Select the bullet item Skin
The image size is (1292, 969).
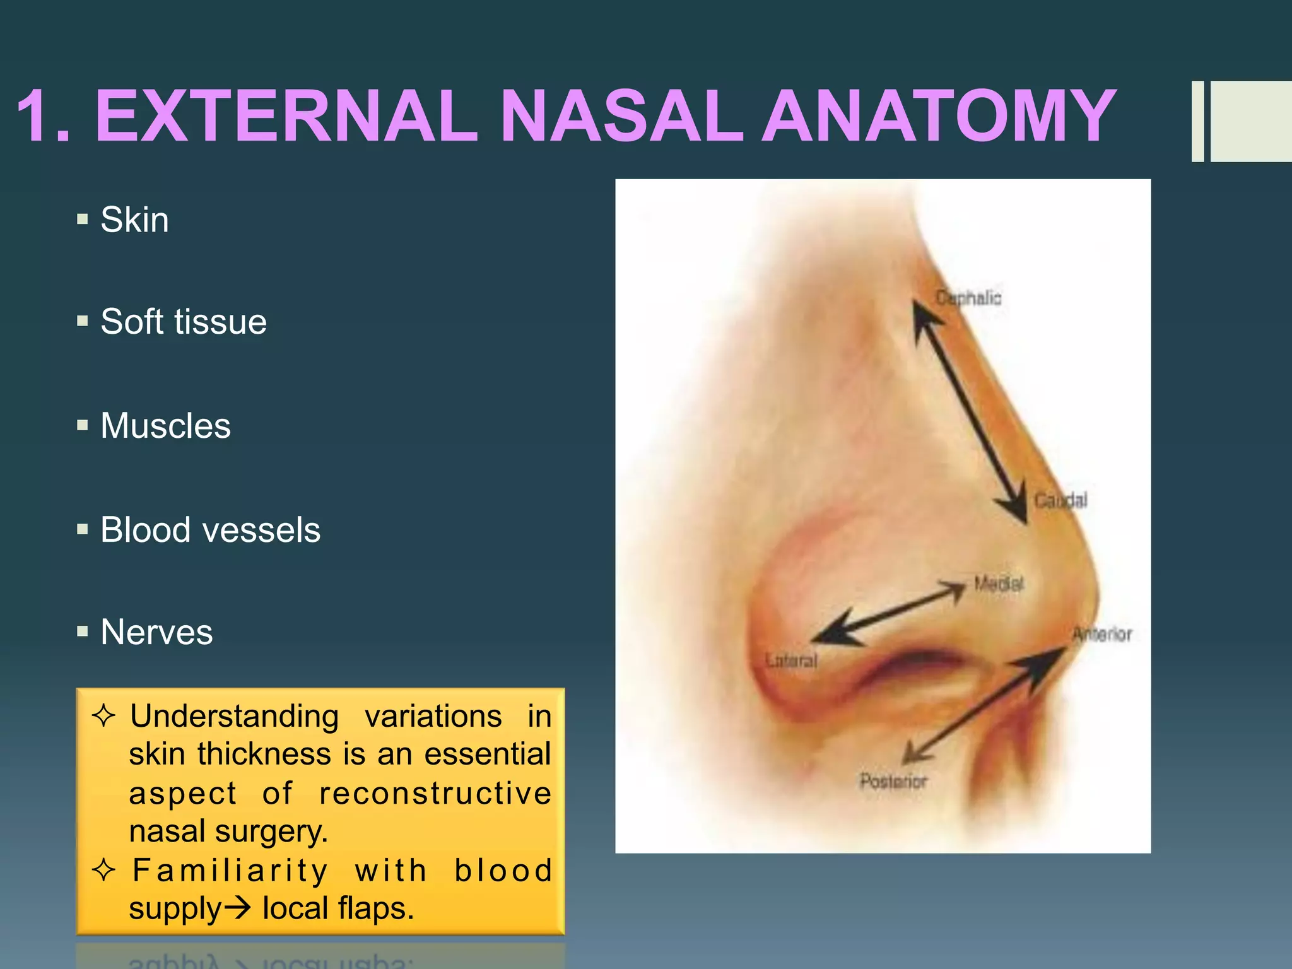134,220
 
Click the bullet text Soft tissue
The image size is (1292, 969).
184,322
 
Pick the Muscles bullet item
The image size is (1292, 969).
165,426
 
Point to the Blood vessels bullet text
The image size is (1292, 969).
210,530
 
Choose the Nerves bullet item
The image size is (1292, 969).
156,632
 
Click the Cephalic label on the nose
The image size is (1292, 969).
968,298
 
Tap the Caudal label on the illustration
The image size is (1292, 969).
1060,501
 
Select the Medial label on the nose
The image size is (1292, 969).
998,584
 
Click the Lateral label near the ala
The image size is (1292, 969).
791,661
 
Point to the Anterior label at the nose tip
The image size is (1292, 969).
1102,635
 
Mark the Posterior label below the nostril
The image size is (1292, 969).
893,782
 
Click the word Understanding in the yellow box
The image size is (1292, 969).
234,717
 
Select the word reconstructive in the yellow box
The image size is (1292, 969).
435,793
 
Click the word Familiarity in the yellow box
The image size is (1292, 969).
230,871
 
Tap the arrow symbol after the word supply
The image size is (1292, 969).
238,909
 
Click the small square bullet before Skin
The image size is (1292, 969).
83,220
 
